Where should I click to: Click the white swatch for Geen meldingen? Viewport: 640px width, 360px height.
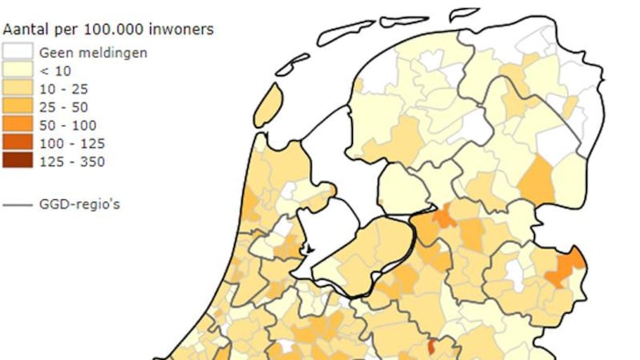[x=18, y=52]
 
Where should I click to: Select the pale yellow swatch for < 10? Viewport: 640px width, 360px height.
[x=18, y=70]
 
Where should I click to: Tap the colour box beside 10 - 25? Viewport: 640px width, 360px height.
[x=18, y=89]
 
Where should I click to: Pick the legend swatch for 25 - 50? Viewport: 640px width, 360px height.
[x=18, y=107]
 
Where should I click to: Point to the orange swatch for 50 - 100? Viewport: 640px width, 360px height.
[x=18, y=125]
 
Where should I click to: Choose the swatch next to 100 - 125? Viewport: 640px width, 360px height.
[x=18, y=143]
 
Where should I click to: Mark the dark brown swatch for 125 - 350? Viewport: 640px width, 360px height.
[x=18, y=162]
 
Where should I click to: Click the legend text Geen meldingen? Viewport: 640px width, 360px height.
[x=92, y=52]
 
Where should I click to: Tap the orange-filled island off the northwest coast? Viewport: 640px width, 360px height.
[x=267, y=106]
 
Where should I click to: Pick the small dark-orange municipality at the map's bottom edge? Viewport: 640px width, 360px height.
[x=432, y=347]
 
